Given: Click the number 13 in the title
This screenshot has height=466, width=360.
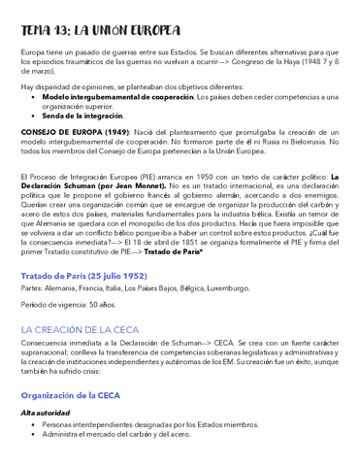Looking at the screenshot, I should click(x=70, y=30).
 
